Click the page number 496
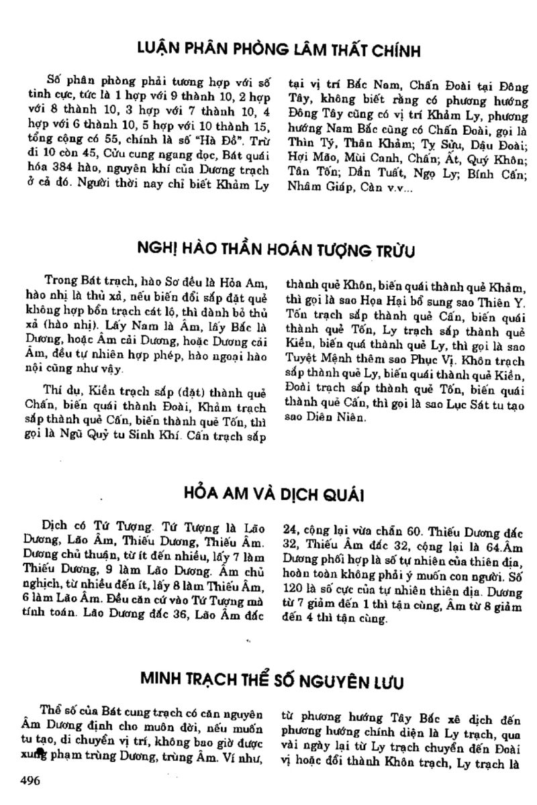coord(31,780)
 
